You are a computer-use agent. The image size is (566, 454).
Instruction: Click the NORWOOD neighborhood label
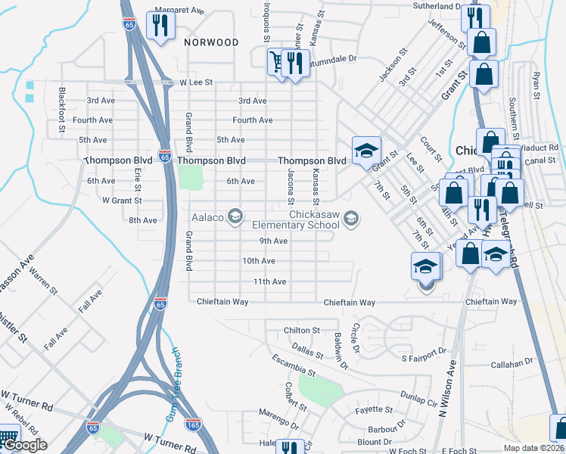[x=211, y=42]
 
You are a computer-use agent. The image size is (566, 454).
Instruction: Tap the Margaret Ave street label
[x=179, y=11]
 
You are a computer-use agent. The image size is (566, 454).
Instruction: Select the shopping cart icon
[x=278, y=61]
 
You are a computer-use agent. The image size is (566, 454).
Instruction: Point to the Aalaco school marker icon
[x=235, y=217]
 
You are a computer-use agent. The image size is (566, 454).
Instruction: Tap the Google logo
[x=24, y=445]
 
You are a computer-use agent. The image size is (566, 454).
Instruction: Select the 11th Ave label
[x=269, y=281]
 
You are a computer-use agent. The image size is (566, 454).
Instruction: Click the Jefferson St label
[x=443, y=30]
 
